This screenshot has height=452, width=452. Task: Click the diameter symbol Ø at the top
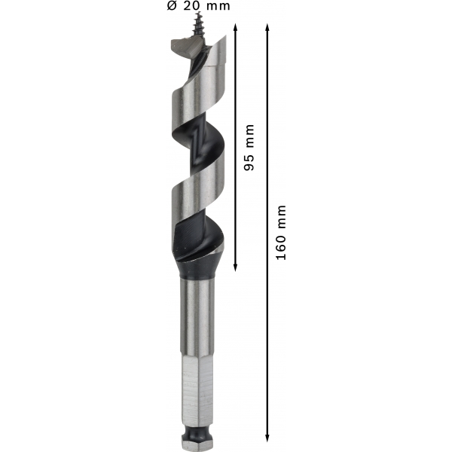pyautogui.click(x=172, y=6)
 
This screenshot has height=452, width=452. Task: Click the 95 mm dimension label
pyautogui.click(x=249, y=148)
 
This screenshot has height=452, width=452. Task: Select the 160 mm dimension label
pyautogui.click(x=281, y=233)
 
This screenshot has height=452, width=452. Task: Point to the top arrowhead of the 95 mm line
pyautogui.click(x=235, y=28)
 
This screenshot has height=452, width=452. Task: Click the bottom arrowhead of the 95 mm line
pyautogui.click(x=235, y=267)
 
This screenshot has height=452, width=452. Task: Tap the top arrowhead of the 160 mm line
pyautogui.click(x=267, y=28)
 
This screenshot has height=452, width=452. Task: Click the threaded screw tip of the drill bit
pyautogui.click(x=197, y=25)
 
